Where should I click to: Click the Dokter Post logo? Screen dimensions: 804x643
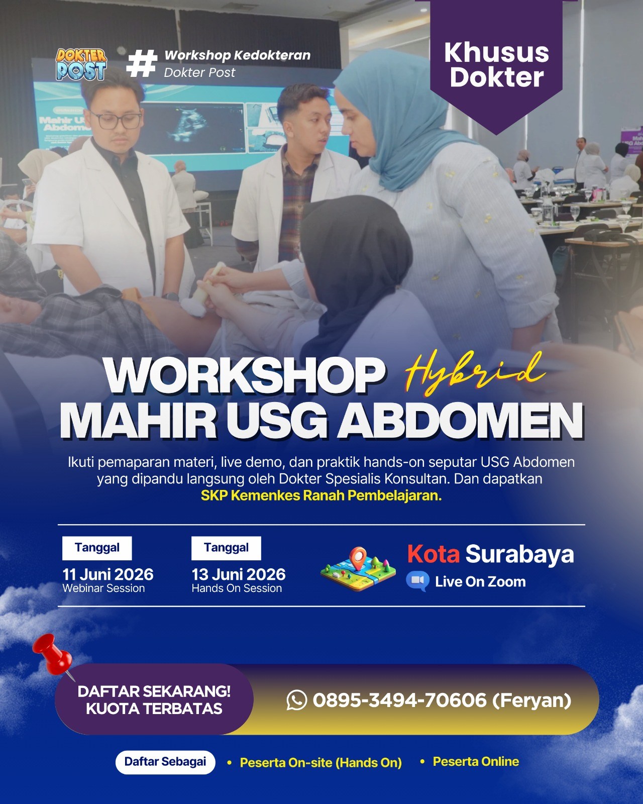81,64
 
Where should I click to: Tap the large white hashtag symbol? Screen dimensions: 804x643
142,63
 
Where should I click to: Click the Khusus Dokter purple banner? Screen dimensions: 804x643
496,65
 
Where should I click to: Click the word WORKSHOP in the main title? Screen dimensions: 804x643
245,376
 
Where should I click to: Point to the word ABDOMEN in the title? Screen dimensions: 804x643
460,421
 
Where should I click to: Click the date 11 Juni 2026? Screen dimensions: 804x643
108,574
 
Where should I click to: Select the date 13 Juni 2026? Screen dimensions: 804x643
239,574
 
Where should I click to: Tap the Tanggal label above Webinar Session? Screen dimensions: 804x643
97,548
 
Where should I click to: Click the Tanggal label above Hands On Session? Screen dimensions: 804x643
226,548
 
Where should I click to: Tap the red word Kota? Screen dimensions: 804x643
433,554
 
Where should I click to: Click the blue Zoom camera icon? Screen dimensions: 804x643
417,581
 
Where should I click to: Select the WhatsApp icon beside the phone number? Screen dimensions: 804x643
296,700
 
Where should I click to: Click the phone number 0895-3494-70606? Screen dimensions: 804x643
400,700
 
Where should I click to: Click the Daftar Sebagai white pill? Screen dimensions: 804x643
165,762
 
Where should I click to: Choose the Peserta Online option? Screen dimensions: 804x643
476,762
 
